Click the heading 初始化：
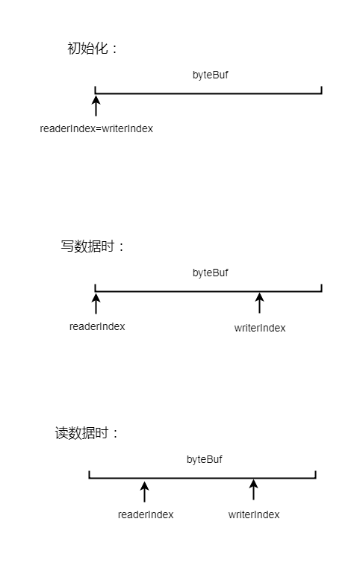[x=93, y=49]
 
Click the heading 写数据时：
[x=93, y=246]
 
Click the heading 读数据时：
[x=87, y=433]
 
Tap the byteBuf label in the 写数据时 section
[x=211, y=273]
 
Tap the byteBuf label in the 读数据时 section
[x=205, y=459]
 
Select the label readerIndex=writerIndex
[x=96, y=128]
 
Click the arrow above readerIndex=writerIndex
[x=96, y=105]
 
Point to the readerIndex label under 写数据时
[x=97, y=326]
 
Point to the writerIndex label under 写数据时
[x=260, y=328]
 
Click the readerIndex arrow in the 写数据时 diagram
[x=96, y=303]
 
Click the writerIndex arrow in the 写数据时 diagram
[x=259, y=303]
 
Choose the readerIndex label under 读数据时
[x=146, y=514]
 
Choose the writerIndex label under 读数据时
[x=254, y=514]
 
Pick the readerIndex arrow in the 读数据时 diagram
[x=145, y=491]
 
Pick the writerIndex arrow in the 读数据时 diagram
[x=254, y=489]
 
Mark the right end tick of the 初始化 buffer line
[x=321, y=90]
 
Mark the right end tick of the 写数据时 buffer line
[x=321, y=287]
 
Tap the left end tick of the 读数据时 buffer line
[x=90, y=474]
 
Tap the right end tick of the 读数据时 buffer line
[x=315, y=474]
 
